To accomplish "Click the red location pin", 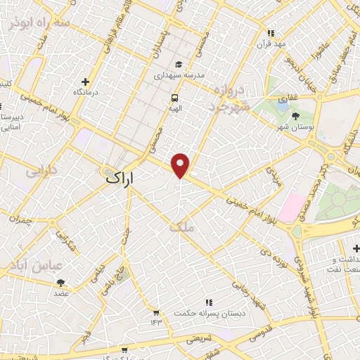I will click(181, 165).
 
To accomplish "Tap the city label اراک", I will click(120, 179).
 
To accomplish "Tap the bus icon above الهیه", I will click(174, 98).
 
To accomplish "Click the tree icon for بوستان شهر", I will click(293, 117).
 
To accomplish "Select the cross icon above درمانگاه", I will click(86, 82).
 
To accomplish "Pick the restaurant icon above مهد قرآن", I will click(270, 32).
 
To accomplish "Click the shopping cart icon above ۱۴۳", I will click(155, 312).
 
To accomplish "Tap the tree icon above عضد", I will click(61, 283).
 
